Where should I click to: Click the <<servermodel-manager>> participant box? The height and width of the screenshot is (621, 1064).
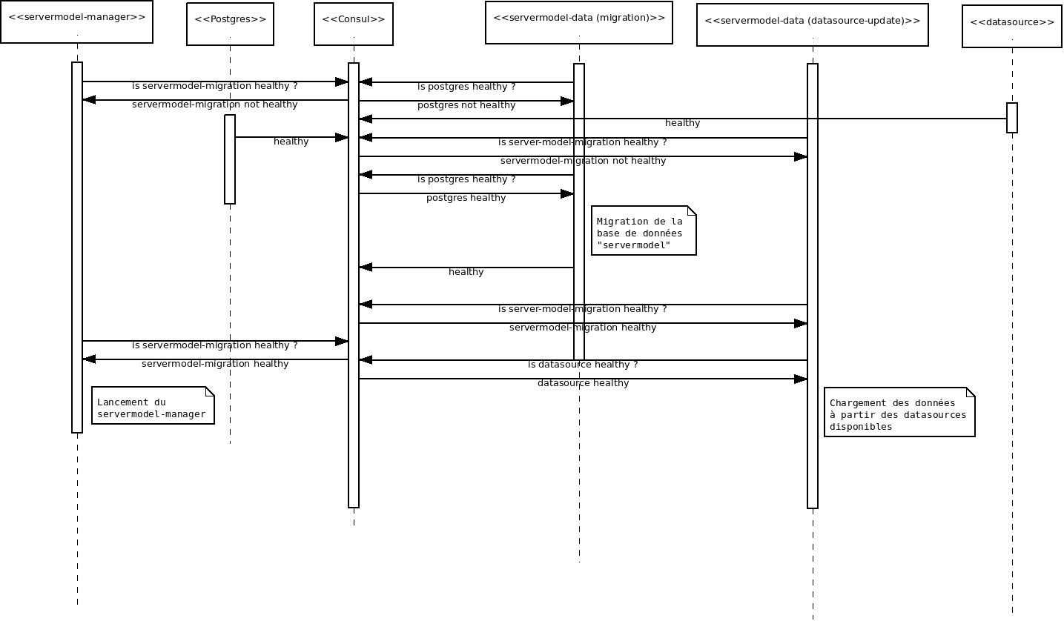[x=76, y=22]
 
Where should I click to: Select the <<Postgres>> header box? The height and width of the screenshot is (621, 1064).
[x=230, y=24]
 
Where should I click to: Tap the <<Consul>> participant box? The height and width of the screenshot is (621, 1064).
[x=354, y=24]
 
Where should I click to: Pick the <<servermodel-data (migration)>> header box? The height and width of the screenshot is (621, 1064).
[x=579, y=23]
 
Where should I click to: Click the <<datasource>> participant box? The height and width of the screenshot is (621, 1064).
[x=1012, y=27]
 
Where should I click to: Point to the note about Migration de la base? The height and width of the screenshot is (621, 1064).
[x=644, y=231]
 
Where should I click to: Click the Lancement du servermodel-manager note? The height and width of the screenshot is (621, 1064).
[x=153, y=406]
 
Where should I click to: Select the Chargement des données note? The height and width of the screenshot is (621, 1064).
[x=899, y=413]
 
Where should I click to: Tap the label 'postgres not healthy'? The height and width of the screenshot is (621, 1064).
[x=466, y=105]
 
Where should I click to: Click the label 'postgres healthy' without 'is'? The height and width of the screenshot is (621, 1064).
[x=466, y=198]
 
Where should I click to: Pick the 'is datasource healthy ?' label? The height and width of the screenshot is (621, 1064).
[x=583, y=365]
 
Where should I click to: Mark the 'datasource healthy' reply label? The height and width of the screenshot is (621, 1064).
[x=583, y=383]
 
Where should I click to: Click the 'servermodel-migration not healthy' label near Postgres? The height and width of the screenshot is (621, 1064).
[x=215, y=104]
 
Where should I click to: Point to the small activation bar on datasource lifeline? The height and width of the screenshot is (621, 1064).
[x=1012, y=118]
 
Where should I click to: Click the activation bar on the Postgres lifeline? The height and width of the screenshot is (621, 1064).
[x=230, y=159]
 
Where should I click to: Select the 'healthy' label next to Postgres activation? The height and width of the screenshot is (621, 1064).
[x=291, y=142]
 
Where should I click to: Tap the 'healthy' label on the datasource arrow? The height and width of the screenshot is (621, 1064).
[x=682, y=123]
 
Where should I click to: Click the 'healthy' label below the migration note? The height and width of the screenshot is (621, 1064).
[x=466, y=272]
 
